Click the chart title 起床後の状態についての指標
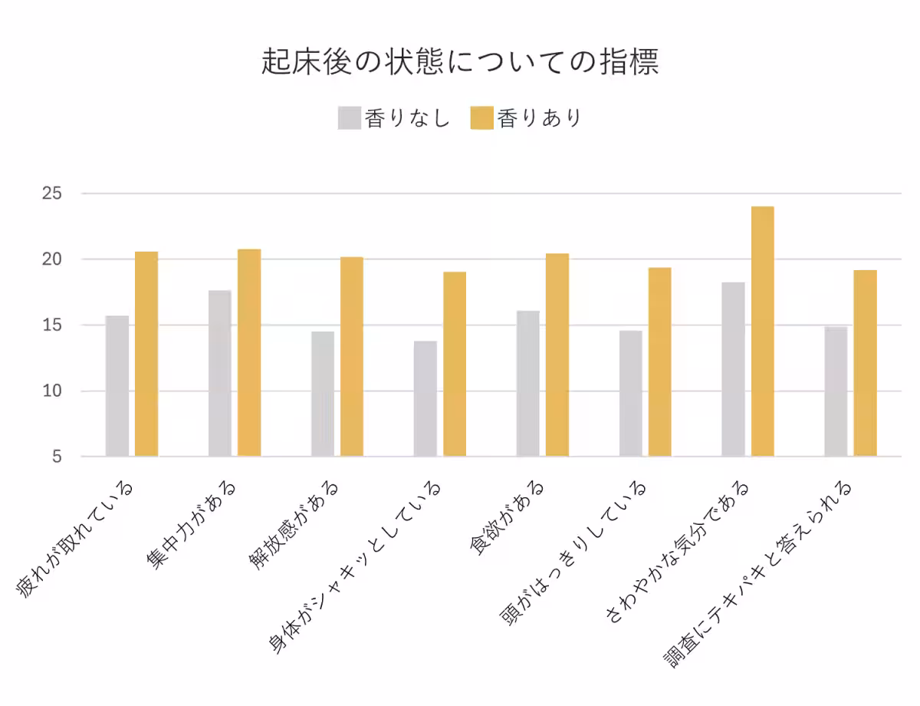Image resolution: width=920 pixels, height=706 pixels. [x=460, y=62]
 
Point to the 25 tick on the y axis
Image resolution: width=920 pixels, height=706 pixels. [x=51, y=194]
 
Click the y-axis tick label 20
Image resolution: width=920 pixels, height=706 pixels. [x=51, y=259]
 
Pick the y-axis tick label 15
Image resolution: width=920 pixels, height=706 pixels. [x=51, y=325]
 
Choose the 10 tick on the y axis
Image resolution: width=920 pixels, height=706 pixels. [x=51, y=391]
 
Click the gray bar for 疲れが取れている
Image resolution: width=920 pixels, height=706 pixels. [x=117, y=386]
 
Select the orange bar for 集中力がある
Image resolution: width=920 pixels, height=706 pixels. [x=249, y=353]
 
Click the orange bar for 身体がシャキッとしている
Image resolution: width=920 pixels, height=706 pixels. [x=455, y=365]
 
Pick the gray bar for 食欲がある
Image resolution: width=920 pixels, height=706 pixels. [x=528, y=384]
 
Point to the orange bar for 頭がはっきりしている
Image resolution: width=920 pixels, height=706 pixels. [x=660, y=362]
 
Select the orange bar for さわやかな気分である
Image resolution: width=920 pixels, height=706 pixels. [x=763, y=332]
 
